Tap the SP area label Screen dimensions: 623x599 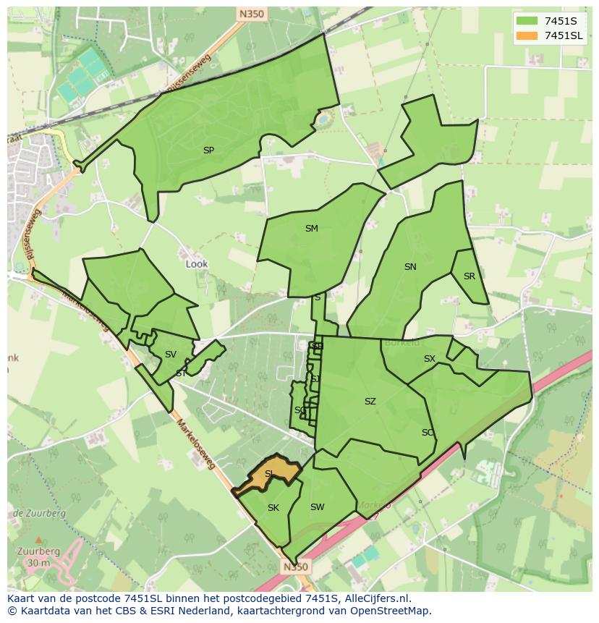pyautogui.click(x=208, y=151)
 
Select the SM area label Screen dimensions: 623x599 pyautogui.click(x=311, y=229)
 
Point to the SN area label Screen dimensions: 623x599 pyautogui.click(x=410, y=267)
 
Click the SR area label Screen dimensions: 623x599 pyautogui.click(x=470, y=276)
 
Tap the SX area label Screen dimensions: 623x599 pyautogui.click(x=430, y=359)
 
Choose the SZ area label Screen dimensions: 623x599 pyautogui.click(x=370, y=402)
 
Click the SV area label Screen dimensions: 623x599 pyautogui.click(x=171, y=355)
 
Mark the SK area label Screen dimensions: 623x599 pyautogui.click(x=273, y=508)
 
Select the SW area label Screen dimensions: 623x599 pyautogui.click(x=317, y=507)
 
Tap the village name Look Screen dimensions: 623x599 pyautogui.click(x=197, y=264)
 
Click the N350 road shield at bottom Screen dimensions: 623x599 pyautogui.click(x=291, y=567)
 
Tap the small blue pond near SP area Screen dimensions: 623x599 pyautogui.click(x=323, y=116)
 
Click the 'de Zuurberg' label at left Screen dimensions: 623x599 pyautogui.click(x=39, y=513)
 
